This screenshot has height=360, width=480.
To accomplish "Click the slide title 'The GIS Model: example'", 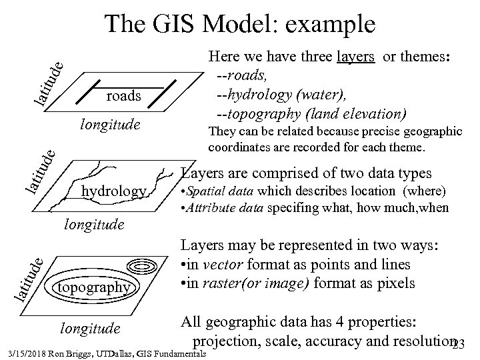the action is (240, 25).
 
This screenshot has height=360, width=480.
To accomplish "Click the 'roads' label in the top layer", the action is (124, 96).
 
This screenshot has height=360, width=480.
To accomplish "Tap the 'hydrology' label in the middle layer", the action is (113, 192).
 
